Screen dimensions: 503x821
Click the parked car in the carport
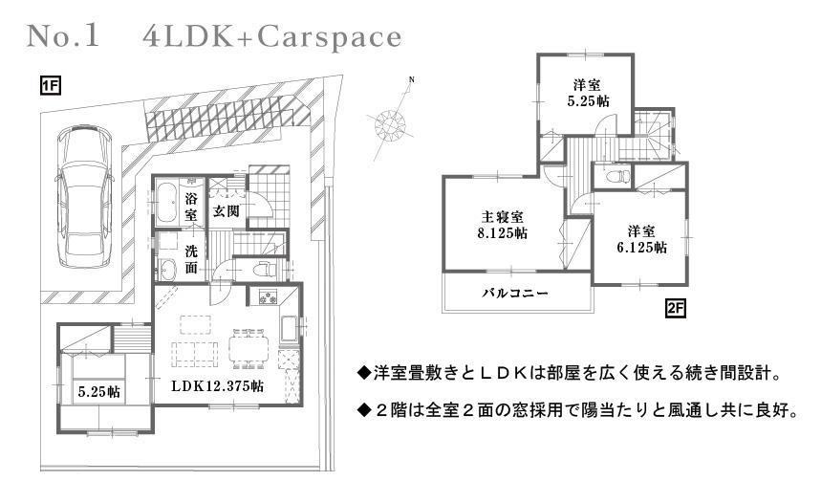83,196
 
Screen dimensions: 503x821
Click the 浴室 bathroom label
191,207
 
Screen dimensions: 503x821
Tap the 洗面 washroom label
191,258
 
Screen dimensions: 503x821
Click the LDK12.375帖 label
217,387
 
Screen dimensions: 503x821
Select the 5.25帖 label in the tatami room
98,390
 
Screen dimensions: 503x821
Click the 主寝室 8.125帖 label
501,224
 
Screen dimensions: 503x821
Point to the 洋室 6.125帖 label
640,238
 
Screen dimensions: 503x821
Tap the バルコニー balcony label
514,294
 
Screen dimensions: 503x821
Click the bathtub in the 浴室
165,205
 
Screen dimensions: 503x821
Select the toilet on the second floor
616,176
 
